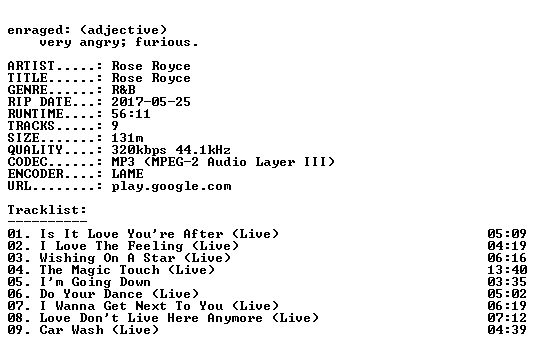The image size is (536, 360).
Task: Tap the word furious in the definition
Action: pyautogui.click(x=163, y=42)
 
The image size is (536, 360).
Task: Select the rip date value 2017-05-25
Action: pyautogui.click(x=151, y=102)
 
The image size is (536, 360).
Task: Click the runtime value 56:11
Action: pyautogui.click(x=131, y=114)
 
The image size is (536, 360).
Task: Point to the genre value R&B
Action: pyautogui.click(x=123, y=90)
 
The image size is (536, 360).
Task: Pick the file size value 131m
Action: pyautogui.click(x=127, y=138)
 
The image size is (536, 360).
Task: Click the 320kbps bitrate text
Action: pyautogui.click(x=139, y=150)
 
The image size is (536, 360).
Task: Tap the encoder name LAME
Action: pyautogui.click(x=127, y=174)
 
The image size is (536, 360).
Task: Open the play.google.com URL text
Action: pyautogui.click(x=171, y=186)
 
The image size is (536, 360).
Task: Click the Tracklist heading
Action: pyautogui.click(x=47, y=210)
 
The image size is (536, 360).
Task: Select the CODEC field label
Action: pyautogui.click(x=28, y=162)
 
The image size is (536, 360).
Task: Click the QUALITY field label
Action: pyautogui.click(x=35, y=150)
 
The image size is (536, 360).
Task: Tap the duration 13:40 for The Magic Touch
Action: pyautogui.click(x=507, y=270)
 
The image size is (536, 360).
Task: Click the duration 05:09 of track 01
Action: pyautogui.click(x=507, y=234)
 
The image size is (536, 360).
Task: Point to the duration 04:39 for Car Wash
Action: pyautogui.click(x=507, y=330)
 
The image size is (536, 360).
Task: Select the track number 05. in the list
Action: pyautogui.click(x=19, y=282)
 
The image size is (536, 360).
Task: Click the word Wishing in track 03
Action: pyautogui.click(x=67, y=258)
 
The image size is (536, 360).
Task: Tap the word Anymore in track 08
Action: pyautogui.click(x=235, y=318)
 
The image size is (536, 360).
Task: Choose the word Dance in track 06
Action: pyautogui.click(x=123, y=294)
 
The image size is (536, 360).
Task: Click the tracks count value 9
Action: pyautogui.click(x=115, y=126)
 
